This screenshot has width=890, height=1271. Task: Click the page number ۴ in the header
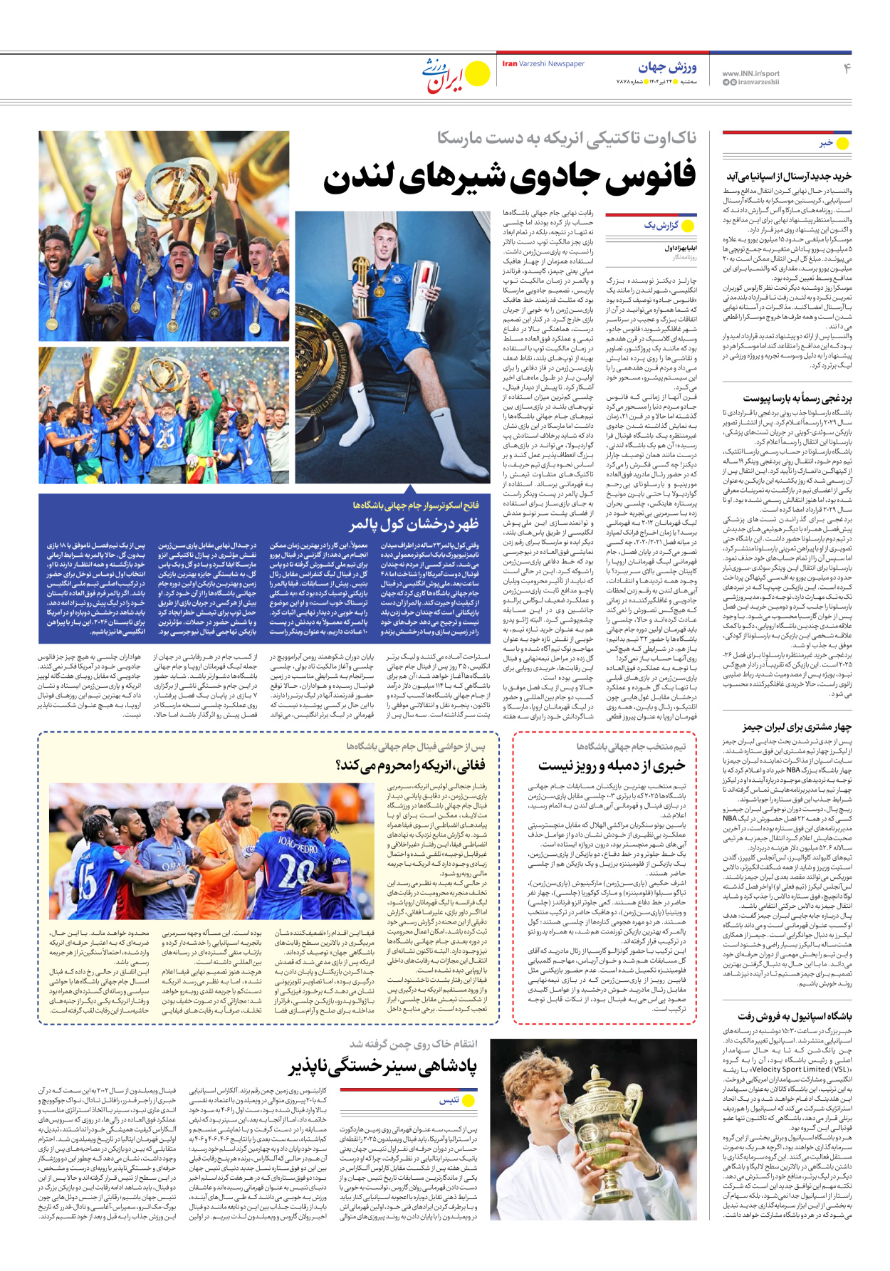[x=847, y=69]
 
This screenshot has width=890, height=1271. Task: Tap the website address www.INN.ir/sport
[x=750, y=73]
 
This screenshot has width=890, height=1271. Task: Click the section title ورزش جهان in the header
[x=667, y=67]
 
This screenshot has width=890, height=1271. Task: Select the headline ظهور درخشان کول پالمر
[x=414, y=525]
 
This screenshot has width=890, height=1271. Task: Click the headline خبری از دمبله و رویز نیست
[x=612, y=765]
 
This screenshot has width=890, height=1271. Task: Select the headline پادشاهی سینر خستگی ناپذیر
[x=382, y=1067]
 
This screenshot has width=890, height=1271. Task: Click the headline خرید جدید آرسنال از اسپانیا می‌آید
[x=789, y=176]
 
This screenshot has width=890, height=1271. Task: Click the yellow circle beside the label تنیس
[x=469, y=1100]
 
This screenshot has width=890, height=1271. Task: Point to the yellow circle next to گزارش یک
[x=688, y=226]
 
